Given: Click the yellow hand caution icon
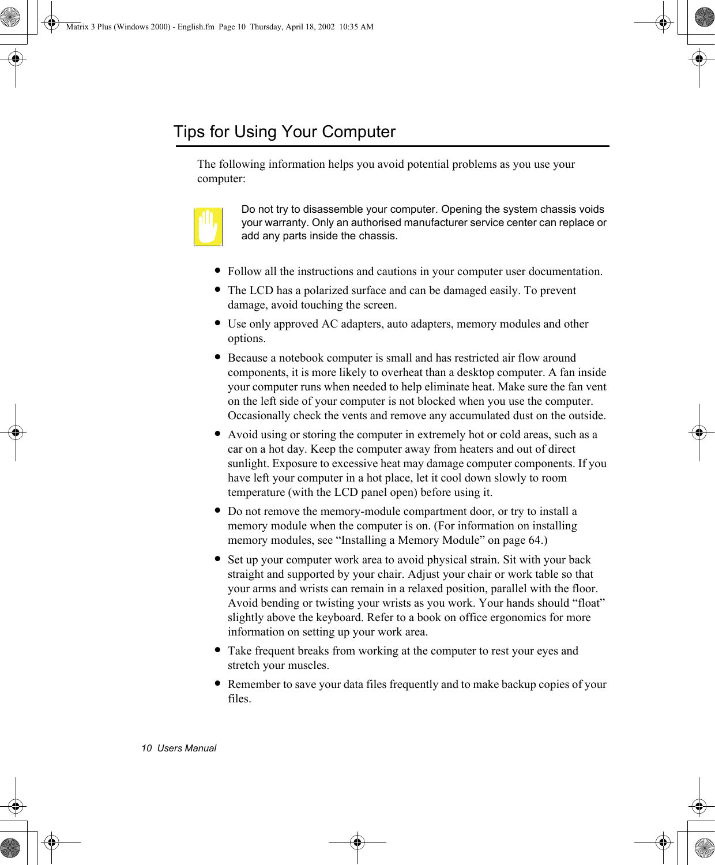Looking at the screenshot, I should [x=208, y=227].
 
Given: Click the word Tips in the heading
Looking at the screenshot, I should [x=189, y=132].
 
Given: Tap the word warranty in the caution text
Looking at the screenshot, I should [x=285, y=223].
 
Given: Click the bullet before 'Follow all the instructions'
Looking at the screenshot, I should [x=217, y=270].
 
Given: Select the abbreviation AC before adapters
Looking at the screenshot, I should [x=329, y=324].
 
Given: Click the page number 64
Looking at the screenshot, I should [x=535, y=540].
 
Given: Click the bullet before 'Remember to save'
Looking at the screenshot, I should [x=217, y=683].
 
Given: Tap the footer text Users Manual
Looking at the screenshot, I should [x=187, y=749].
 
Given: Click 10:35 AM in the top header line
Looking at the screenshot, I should [x=356, y=27].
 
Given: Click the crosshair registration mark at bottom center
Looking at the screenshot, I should [x=357, y=843].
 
